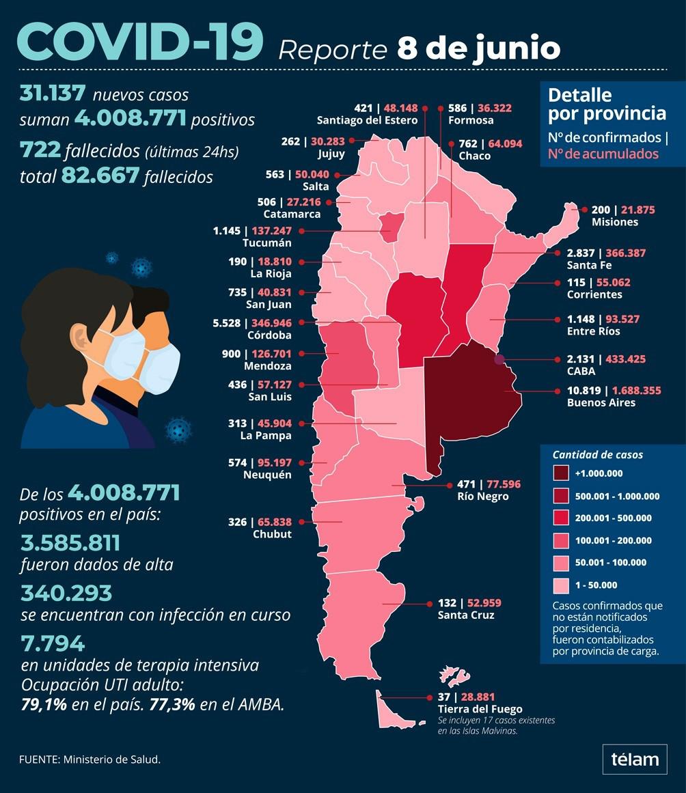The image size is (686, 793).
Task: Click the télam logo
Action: click(635, 759)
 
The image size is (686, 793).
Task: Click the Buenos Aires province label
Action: click(591, 402)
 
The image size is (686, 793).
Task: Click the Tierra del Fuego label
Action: click(481, 709)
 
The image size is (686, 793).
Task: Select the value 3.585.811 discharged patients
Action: click(70, 543)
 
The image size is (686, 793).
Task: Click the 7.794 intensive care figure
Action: click(53, 643)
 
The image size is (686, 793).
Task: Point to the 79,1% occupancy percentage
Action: click(44, 704)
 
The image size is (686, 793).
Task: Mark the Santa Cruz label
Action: click(466, 615)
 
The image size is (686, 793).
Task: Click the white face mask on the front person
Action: click(120, 354)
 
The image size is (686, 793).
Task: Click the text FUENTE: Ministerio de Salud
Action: click(90, 759)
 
